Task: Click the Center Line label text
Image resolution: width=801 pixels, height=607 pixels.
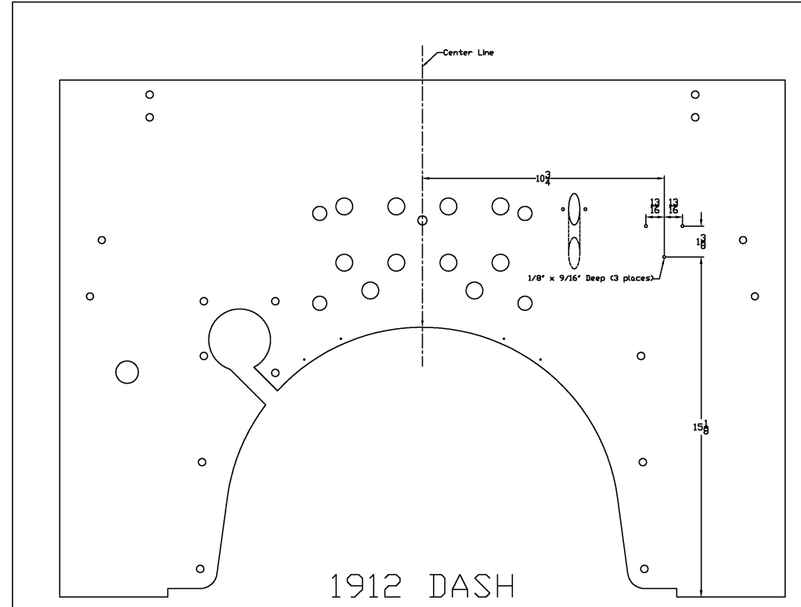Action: (x=468, y=53)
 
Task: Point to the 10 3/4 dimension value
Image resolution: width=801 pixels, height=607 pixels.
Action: (x=543, y=179)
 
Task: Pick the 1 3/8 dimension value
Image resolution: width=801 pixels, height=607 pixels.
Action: (x=702, y=241)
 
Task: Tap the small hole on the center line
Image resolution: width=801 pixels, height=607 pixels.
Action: (x=423, y=221)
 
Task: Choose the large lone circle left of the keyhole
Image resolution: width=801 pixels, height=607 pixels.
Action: (x=127, y=373)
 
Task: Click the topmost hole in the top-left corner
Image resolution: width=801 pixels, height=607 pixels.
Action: (x=149, y=95)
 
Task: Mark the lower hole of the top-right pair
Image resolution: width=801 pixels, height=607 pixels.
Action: (x=695, y=117)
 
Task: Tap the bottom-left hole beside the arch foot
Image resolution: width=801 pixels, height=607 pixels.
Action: (x=200, y=568)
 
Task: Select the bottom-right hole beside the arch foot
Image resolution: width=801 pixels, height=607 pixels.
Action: (x=644, y=568)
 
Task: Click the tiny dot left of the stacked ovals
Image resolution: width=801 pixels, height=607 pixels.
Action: (x=562, y=209)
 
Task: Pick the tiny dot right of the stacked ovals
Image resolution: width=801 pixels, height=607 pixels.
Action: (x=586, y=209)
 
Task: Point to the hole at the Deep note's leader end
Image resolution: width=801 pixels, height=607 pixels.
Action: (x=664, y=257)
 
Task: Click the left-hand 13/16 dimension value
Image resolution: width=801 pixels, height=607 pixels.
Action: (x=655, y=206)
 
